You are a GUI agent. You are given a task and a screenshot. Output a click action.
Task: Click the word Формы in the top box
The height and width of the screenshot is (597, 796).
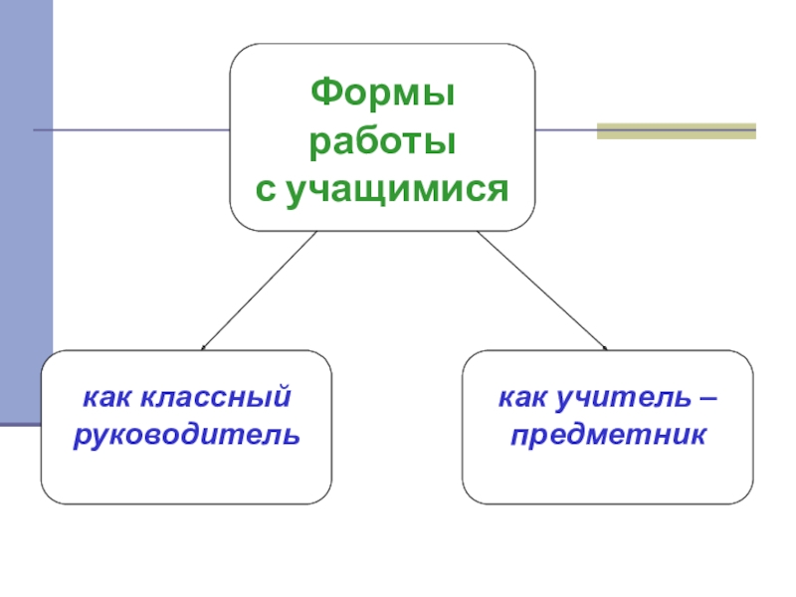point(382,97)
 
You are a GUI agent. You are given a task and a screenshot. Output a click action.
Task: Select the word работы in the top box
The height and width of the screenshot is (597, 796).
point(382,142)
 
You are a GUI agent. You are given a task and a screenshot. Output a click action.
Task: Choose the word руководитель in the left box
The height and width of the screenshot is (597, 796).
point(186,435)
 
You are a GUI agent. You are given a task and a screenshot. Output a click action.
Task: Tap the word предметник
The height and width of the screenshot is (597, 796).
point(608,435)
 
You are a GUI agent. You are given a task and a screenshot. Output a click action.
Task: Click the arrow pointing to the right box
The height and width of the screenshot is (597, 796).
point(542,290)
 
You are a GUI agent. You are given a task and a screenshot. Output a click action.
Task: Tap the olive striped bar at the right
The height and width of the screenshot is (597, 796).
point(677,130)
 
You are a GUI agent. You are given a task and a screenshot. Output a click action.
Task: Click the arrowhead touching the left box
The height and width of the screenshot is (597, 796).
point(203,348)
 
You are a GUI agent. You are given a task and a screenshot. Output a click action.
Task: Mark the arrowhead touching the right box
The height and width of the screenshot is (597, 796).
point(605,348)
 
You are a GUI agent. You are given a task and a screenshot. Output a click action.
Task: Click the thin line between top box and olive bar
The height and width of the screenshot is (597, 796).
point(565,130)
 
